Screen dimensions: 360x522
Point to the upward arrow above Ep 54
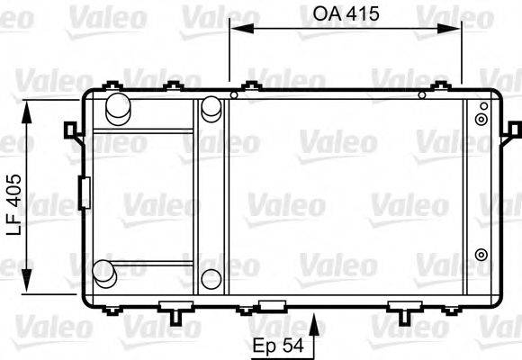click(314, 322)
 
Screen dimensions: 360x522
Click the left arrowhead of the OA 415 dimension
click(236, 28)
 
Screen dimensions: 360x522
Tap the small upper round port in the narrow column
click(211, 108)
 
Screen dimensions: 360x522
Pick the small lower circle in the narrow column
click(211, 278)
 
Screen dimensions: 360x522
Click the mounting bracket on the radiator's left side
click(70, 130)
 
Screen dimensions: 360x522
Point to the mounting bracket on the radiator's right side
click(512, 130)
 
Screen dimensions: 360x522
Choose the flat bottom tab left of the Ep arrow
click(270, 303)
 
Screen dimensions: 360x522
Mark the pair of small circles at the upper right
click(481, 114)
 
